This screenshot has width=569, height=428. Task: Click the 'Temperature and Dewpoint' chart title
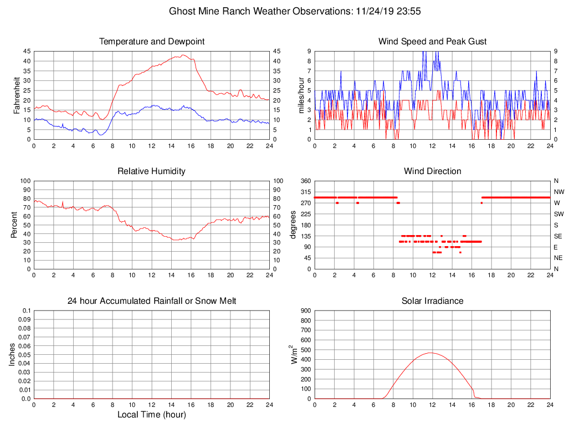tap(152, 42)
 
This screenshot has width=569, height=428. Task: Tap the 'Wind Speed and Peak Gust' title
tap(432, 42)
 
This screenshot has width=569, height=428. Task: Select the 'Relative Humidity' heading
tap(152, 171)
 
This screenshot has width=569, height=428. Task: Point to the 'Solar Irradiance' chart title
tap(432, 301)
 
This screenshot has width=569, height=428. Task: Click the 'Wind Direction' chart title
tap(432, 171)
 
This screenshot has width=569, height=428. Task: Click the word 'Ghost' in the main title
tap(182, 11)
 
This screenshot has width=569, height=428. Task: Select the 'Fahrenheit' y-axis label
tap(17, 95)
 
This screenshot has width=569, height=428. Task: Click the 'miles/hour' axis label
tap(302, 95)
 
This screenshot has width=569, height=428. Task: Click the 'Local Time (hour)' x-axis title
tap(152, 415)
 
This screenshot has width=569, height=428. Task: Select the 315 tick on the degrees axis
tap(306, 192)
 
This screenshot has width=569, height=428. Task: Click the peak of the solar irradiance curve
tap(430, 353)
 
